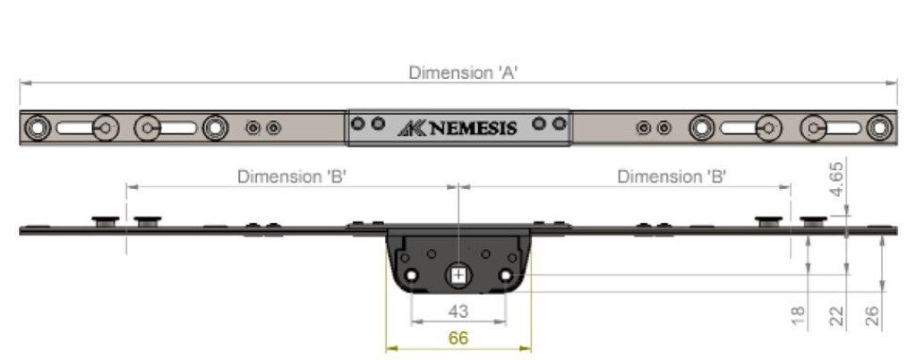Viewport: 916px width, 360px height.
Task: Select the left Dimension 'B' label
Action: (x=292, y=176)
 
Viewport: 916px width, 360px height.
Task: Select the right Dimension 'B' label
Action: (x=672, y=176)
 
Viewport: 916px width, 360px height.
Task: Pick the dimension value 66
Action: (x=458, y=338)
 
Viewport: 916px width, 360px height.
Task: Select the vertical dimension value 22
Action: (x=837, y=314)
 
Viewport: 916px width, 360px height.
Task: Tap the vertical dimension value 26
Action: (x=873, y=314)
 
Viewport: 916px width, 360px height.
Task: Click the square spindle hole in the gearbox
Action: (x=458, y=275)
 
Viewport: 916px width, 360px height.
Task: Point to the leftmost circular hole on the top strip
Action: (x=36, y=129)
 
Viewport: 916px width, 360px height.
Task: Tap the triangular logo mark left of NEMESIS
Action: (x=411, y=128)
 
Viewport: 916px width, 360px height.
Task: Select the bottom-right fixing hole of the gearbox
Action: (x=506, y=275)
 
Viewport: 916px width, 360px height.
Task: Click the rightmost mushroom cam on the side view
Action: (x=813, y=220)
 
